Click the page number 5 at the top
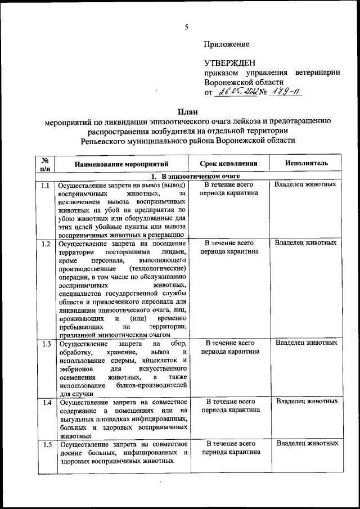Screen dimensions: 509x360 pos(186,25)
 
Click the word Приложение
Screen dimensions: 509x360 pos(227,44)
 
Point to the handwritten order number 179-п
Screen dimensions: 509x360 pos(284,92)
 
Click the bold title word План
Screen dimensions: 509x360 pos(186,111)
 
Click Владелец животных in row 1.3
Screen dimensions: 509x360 pos(306,343)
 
